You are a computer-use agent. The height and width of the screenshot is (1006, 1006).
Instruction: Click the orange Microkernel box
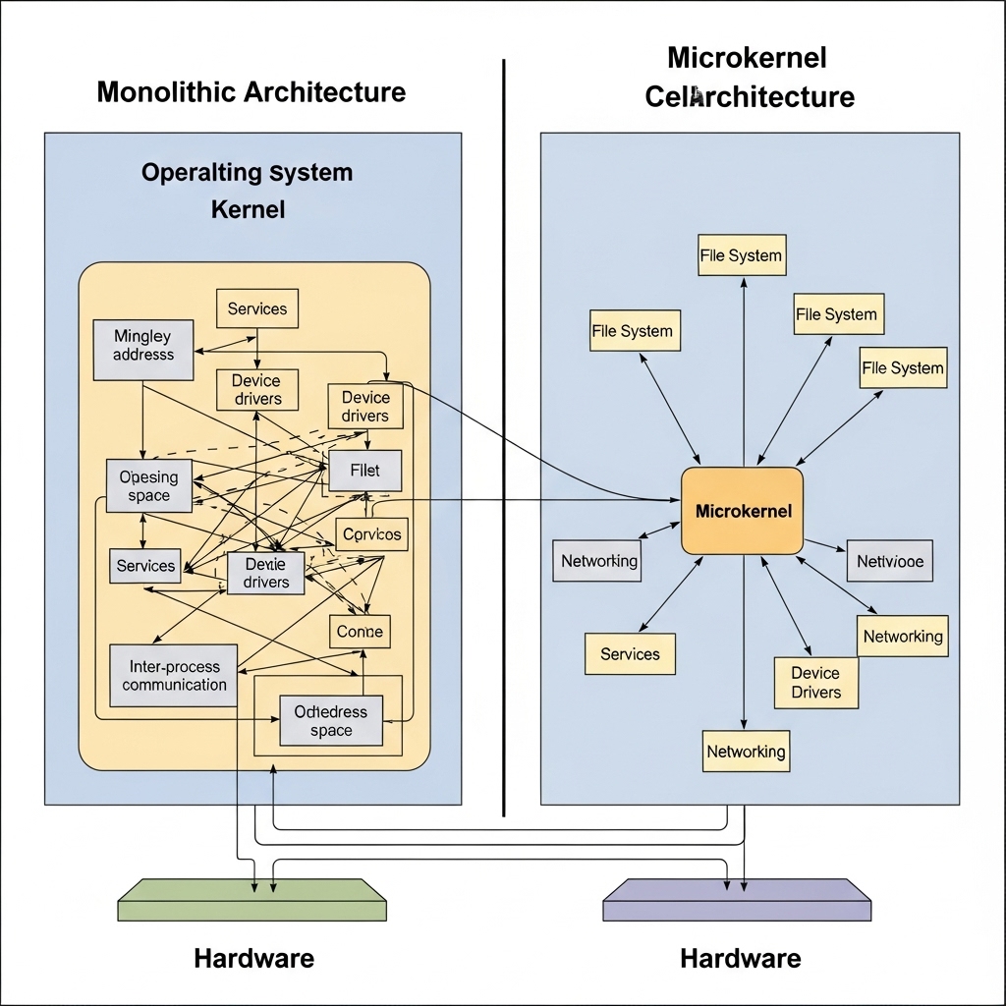point(743,511)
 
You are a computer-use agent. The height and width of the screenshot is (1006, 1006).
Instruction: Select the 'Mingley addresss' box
point(143,349)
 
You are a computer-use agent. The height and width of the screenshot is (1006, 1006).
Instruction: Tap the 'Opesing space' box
point(149,486)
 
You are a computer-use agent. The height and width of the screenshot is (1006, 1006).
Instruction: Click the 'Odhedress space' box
point(331,721)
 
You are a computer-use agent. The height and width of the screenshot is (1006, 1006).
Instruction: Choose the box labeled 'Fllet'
point(364,471)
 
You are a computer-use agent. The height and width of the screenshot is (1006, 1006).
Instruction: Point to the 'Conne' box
point(360,632)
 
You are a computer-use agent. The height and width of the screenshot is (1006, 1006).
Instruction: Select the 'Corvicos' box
point(369,535)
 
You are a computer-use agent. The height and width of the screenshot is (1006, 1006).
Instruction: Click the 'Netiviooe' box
point(890,561)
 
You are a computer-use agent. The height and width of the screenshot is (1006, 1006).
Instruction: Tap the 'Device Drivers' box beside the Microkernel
point(815,683)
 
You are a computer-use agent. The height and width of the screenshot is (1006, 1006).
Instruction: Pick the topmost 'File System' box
point(742,255)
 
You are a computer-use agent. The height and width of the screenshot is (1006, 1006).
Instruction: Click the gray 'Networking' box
point(598,561)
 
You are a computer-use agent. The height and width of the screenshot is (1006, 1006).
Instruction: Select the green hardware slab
point(251,899)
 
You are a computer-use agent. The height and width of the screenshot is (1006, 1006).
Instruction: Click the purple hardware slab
point(737,899)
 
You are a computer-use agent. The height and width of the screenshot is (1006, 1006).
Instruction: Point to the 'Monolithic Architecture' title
point(251,92)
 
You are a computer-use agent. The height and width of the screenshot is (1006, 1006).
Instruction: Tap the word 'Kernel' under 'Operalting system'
point(249,209)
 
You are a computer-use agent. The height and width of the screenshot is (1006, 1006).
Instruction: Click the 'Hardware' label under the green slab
point(253,958)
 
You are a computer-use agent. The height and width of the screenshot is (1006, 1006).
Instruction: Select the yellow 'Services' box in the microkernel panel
point(630,654)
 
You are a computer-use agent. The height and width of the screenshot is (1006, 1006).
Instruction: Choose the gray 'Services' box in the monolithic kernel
point(145,566)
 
